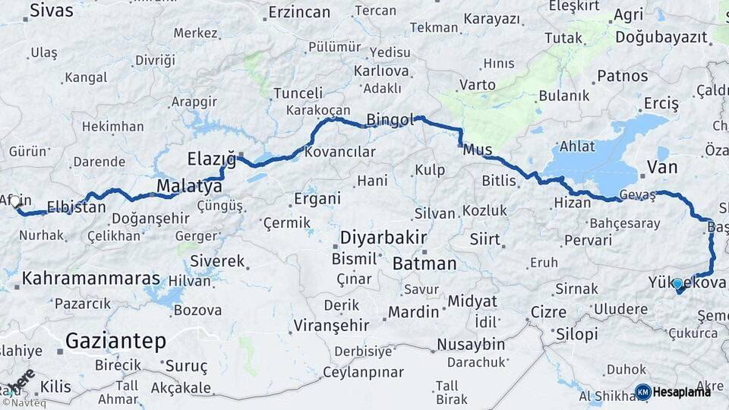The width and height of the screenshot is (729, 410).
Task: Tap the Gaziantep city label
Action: click(x=115, y=342)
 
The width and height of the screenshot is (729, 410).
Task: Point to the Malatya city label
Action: click(x=189, y=186)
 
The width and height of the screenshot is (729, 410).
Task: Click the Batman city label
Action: click(x=424, y=264)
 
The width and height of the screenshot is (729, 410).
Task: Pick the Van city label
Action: click(x=661, y=167)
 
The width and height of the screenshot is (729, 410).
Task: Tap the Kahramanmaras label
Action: click(x=91, y=279)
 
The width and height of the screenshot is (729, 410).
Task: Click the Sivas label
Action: click(x=52, y=10)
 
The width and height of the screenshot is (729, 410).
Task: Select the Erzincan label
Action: click(x=299, y=12)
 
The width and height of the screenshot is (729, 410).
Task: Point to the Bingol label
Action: click(x=390, y=119)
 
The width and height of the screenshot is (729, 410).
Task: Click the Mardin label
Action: click(x=413, y=311)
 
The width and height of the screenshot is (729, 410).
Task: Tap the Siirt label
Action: click(x=484, y=240)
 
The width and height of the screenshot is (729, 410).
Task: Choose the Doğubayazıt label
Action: click(x=660, y=36)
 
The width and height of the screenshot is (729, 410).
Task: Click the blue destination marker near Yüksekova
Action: click(x=677, y=284)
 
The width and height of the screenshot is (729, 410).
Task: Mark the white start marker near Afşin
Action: click(x=14, y=201)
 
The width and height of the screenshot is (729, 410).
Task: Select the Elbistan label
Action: click(x=76, y=207)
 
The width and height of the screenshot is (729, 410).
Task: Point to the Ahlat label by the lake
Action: click(x=577, y=147)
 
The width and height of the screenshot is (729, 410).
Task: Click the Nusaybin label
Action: click(x=471, y=345)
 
